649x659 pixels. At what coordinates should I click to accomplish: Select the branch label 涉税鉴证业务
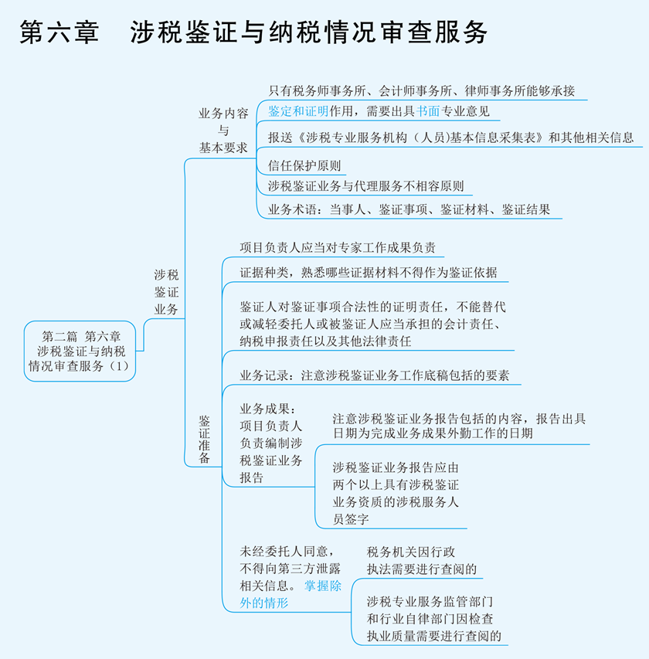[x=166, y=292]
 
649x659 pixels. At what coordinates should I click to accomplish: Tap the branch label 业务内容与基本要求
[x=223, y=130]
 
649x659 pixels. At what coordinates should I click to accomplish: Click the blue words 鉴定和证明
[x=298, y=111]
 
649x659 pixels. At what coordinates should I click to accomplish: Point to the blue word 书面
[x=428, y=111]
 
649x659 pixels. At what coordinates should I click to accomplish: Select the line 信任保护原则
[x=304, y=165]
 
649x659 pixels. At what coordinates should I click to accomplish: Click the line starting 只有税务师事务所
[x=421, y=91]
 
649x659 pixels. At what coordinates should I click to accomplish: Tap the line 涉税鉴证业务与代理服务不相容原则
[x=365, y=186]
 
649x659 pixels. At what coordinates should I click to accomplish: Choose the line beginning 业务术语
[x=409, y=209]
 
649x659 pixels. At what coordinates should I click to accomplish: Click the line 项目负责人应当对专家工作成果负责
[x=338, y=248]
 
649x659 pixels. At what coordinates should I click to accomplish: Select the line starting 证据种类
[x=369, y=273]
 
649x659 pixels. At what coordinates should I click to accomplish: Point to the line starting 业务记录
[x=374, y=376]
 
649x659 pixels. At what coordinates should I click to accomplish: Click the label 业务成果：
[x=268, y=409]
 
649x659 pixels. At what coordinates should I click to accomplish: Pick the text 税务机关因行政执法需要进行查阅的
[x=422, y=561]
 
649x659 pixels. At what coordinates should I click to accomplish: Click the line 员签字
[x=351, y=520]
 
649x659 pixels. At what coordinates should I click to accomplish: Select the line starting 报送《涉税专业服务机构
[x=450, y=138]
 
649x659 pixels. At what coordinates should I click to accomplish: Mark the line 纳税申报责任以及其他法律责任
[x=325, y=340]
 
